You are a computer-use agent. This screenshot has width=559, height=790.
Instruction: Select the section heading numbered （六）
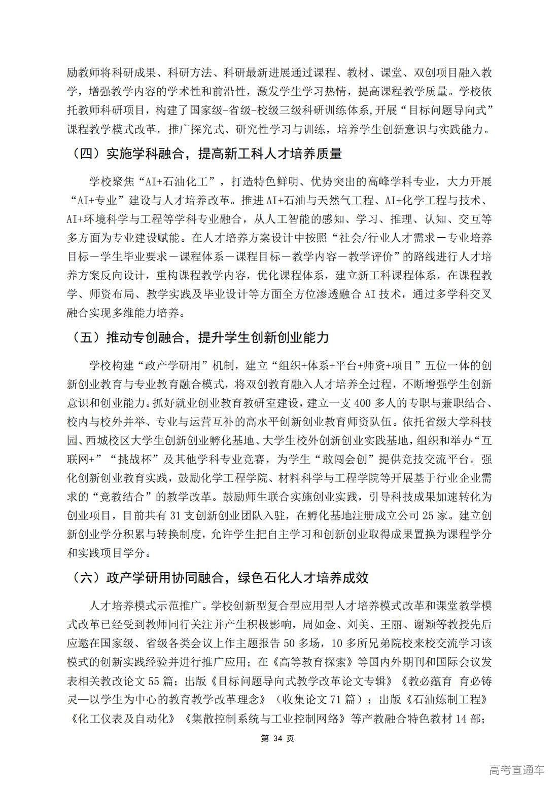click(x=218, y=578)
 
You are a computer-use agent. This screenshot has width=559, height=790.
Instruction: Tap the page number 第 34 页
click(x=277, y=738)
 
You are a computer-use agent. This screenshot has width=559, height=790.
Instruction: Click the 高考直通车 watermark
click(x=516, y=770)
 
